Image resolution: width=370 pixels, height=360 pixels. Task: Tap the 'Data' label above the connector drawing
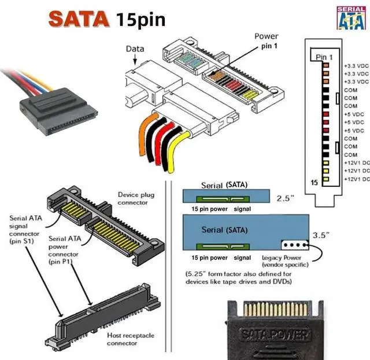click(135, 49)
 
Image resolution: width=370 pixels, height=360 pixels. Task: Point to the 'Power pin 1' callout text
click(266, 40)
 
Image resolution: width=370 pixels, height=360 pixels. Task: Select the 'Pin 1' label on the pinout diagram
click(324, 57)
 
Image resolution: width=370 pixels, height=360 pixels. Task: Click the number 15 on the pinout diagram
click(314, 182)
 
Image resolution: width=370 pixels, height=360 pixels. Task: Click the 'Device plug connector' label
click(136, 199)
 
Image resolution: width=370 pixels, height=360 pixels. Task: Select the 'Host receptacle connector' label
click(130, 339)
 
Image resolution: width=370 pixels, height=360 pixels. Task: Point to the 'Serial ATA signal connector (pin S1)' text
click(26, 230)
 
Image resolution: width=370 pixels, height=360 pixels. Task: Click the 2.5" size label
click(285, 198)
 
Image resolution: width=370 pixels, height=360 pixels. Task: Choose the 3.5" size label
click(321, 236)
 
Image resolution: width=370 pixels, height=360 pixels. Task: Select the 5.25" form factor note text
click(239, 277)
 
